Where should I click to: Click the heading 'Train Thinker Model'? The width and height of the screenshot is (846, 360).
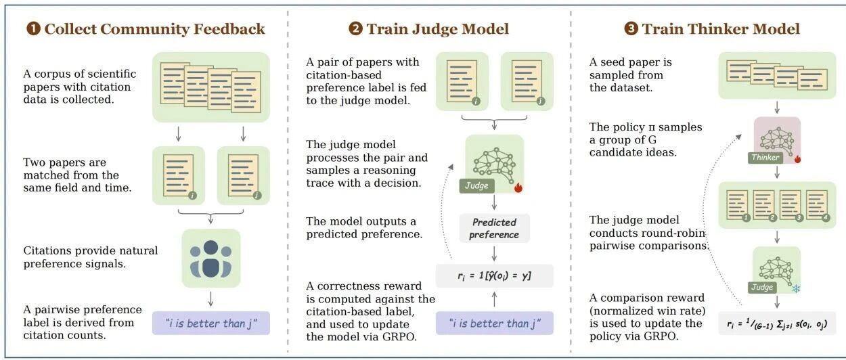click(x=721, y=29)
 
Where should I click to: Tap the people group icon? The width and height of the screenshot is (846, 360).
click(x=210, y=258)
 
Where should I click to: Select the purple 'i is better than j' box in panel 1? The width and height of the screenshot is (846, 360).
click(x=210, y=323)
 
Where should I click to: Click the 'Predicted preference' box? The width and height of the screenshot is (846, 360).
click(x=495, y=229)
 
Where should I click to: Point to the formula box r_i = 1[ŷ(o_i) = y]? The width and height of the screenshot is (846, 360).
click(x=495, y=275)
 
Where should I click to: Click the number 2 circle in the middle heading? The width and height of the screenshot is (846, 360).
click(x=355, y=29)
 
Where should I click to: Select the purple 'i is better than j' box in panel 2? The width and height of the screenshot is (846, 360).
click(x=495, y=323)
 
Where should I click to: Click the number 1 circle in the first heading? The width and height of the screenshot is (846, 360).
click(x=32, y=29)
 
